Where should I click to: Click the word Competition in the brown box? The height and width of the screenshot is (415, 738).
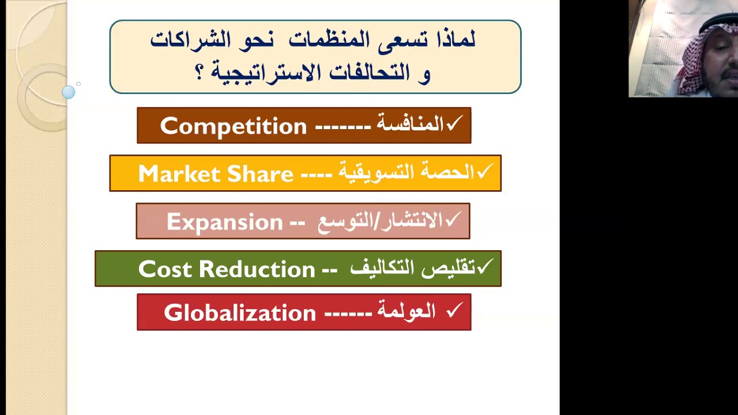pyautogui.click(x=234, y=126)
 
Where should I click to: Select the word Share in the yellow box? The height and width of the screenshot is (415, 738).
pyautogui.click(x=260, y=174)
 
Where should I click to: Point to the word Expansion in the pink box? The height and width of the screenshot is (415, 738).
pyautogui.click(x=224, y=222)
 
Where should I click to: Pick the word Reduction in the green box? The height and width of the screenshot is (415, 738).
pyautogui.click(x=257, y=269)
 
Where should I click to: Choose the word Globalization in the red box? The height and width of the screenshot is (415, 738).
pyautogui.click(x=240, y=313)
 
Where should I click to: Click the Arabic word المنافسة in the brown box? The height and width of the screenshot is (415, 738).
pyautogui.click(x=410, y=124)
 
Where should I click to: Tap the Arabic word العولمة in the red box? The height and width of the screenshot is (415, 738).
pyautogui.click(x=406, y=312)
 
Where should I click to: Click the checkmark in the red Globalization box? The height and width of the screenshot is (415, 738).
pyautogui.click(x=454, y=311)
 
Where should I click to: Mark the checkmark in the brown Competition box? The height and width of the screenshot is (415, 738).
pyautogui.click(x=454, y=123)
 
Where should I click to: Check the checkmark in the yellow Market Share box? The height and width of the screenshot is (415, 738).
pyautogui.click(x=484, y=171)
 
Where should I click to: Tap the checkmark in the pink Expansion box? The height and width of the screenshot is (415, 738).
pyautogui.click(x=453, y=218)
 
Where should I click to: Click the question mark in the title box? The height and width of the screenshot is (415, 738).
pyautogui.click(x=199, y=73)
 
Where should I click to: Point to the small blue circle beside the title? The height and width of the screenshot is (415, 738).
pyautogui.click(x=69, y=92)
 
